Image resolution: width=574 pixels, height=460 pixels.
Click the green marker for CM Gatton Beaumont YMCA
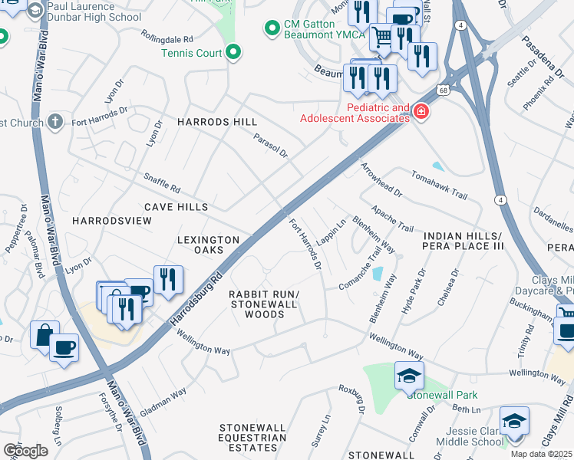click(x=271, y=29)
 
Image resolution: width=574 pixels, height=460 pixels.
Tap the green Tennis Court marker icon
click(x=235, y=53)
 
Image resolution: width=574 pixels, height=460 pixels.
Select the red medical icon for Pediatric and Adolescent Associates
click(x=421, y=113)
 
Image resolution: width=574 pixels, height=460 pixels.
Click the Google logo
click(x=25, y=450)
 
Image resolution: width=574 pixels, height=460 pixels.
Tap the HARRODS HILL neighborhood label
click(x=217, y=122)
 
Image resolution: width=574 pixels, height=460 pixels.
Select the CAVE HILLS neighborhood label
click(x=176, y=207)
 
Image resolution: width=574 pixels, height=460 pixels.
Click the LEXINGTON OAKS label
click(x=209, y=245)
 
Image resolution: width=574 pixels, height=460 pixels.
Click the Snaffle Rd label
click(x=161, y=183)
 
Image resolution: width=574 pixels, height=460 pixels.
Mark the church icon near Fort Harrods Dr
click(x=54, y=122)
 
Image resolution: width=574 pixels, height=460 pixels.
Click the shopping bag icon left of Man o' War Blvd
click(x=44, y=335)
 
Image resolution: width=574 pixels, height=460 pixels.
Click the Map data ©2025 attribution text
click(x=541, y=454)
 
